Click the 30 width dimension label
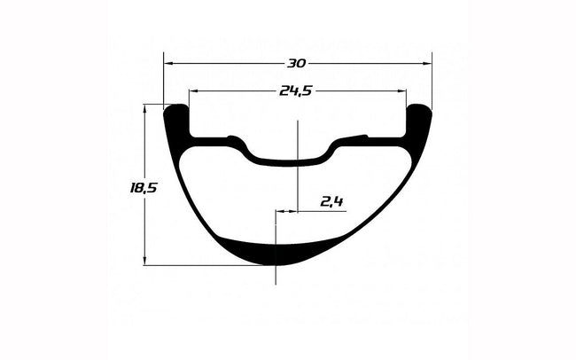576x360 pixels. [x=296, y=64]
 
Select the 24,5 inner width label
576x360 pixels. [x=296, y=90]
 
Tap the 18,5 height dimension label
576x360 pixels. [x=144, y=188]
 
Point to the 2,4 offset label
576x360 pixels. [x=331, y=202]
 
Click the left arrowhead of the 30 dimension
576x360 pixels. [x=168, y=64]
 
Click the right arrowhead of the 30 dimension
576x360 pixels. [x=428, y=64]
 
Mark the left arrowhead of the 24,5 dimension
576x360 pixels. [x=193, y=90]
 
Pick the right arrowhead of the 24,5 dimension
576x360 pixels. [x=402, y=90]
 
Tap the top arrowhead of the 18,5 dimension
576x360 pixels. [x=144, y=109]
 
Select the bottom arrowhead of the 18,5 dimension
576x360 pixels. [x=144, y=261]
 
